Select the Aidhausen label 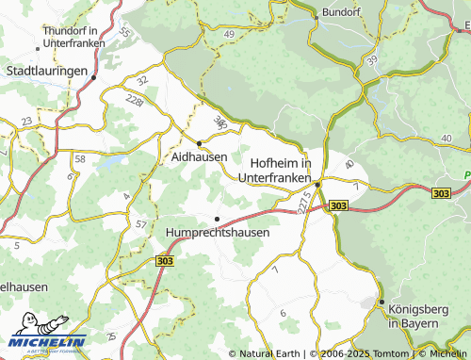tap(200, 156)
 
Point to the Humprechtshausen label tap(218, 232)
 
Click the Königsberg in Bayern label tap(414, 316)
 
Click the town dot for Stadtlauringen tap(95, 78)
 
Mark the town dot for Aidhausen tap(199, 142)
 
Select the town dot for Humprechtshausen tap(218, 219)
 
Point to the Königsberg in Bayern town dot tap(382, 302)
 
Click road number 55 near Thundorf tap(125, 32)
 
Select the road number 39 tap(373, 60)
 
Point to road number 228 tap(134, 98)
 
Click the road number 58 tap(80, 158)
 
